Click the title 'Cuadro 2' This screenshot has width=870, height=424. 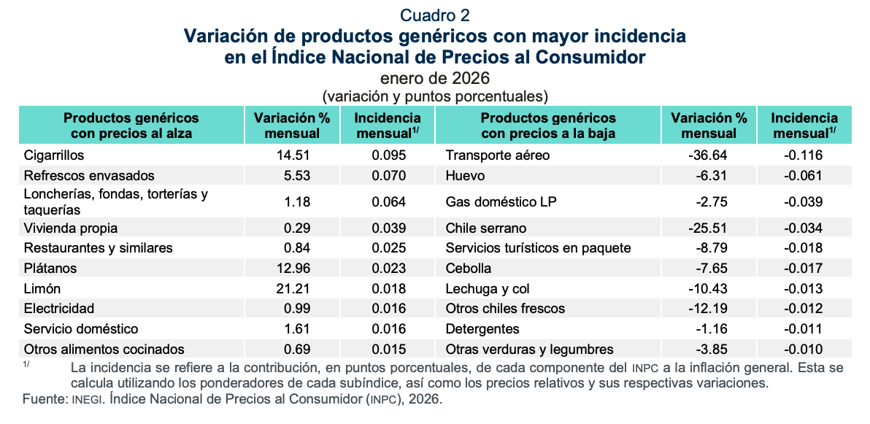pos(435,15)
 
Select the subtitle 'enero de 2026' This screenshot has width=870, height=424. pos(435,78)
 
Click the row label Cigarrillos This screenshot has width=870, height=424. pos(54,155)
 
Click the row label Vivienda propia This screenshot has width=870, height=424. pos(70,228)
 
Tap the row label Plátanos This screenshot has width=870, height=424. pos(50,268)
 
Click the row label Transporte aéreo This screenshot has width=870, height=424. pos(498,155)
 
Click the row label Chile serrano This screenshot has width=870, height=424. pos(486,228)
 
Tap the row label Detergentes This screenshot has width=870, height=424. pos(482,329)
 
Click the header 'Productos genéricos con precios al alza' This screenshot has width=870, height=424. pos(131,126)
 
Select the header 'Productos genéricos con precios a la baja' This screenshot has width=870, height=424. pos(548,126)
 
